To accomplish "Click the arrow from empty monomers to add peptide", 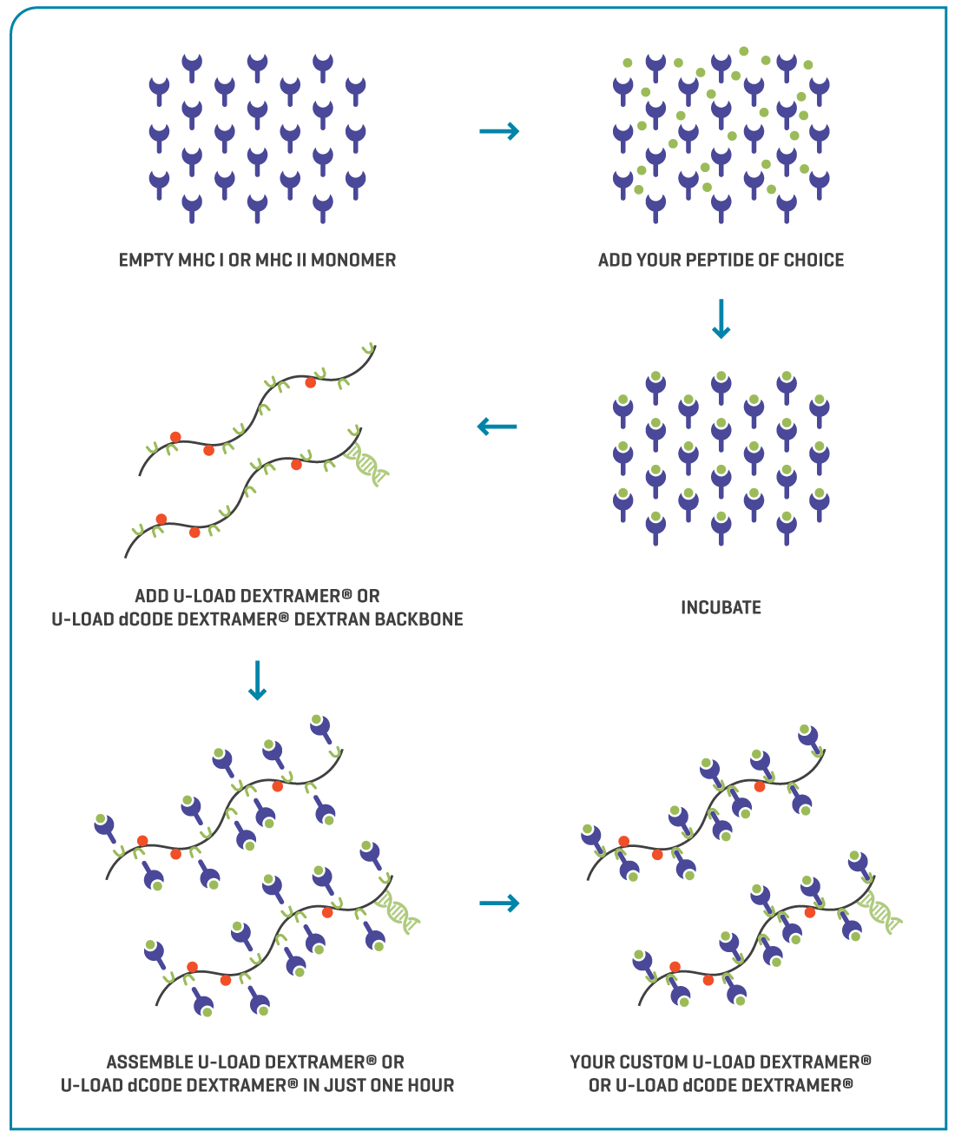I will coord(499,131).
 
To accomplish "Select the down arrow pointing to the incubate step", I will coord(721,319).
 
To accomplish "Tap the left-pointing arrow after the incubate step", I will coord(497,427).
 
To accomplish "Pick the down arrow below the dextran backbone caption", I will coord(257,680).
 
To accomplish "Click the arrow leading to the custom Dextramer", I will coord(499,903).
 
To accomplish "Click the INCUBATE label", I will coord(721,607).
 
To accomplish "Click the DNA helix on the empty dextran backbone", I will coord(367,463).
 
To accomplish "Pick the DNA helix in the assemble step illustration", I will coord(400,911).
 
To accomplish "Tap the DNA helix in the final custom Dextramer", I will coord(881,912).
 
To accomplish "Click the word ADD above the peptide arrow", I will coord(615,260).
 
